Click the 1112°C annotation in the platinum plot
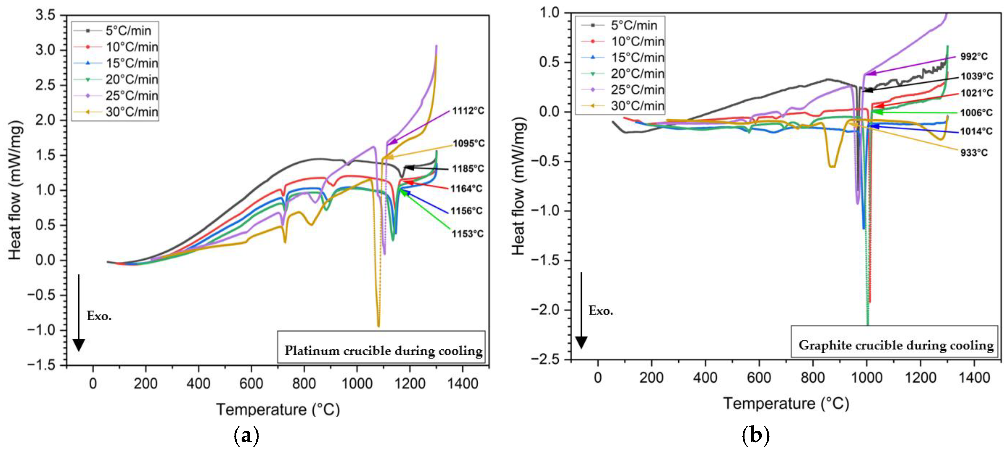468,111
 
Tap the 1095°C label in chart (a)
468,143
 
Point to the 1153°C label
467,234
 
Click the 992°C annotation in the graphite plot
973,56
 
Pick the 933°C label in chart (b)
973,153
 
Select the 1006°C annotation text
976,113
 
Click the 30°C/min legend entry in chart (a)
132,112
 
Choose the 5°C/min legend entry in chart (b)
634,26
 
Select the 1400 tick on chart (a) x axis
463,384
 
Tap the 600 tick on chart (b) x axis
759,378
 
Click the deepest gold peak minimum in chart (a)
378,326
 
